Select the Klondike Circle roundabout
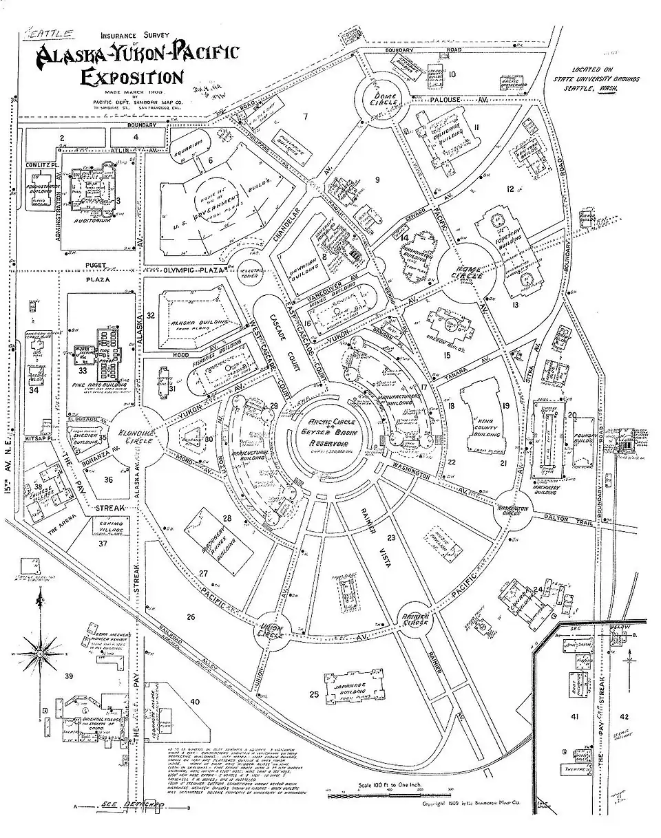point(138,433)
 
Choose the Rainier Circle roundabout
point(417,616)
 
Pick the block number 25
point(315,695)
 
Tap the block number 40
point(195,702)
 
